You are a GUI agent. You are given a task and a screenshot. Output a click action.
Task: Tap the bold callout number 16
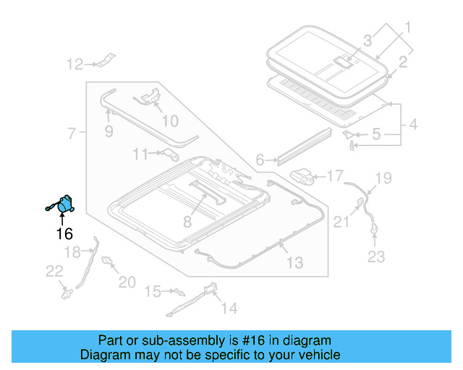coord(64,233)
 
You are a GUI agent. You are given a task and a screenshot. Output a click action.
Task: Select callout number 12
coord(75,65)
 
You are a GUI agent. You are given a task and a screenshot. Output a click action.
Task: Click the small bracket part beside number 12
coord(106,60)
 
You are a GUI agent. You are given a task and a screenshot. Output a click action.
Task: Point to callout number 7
coord(72,134)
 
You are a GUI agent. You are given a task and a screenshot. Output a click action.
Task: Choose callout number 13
coord(294,263)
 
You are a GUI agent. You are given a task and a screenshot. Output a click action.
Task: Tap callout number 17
coord(335,176)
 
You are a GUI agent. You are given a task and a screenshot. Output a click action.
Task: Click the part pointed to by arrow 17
coord(304,175)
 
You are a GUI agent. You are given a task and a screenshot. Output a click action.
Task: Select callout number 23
coord(377,256)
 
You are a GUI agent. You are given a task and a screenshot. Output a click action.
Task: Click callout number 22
coord(54,271)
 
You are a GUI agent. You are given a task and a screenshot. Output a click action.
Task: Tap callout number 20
coord(127,283)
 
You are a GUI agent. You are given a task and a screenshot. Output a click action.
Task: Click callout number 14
coord(229,309)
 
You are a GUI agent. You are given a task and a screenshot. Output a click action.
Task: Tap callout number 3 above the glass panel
coord(367,40)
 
